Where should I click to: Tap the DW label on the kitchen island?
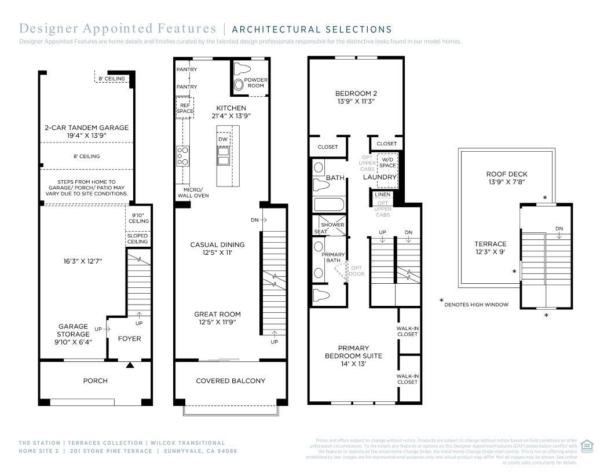(223, 139)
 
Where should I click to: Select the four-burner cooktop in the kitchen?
(183, 156)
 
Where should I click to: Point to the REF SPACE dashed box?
(185, 108)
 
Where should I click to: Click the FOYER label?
(129, 338)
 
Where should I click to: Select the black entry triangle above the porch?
(130, 365)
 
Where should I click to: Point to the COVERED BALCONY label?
(231, 380)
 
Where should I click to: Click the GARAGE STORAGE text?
(73, 330)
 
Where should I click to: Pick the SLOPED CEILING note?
(137, 239)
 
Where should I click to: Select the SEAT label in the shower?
(320, 232)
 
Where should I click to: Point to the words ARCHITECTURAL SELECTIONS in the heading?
(312, 29)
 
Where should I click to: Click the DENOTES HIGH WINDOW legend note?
(477, 304)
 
